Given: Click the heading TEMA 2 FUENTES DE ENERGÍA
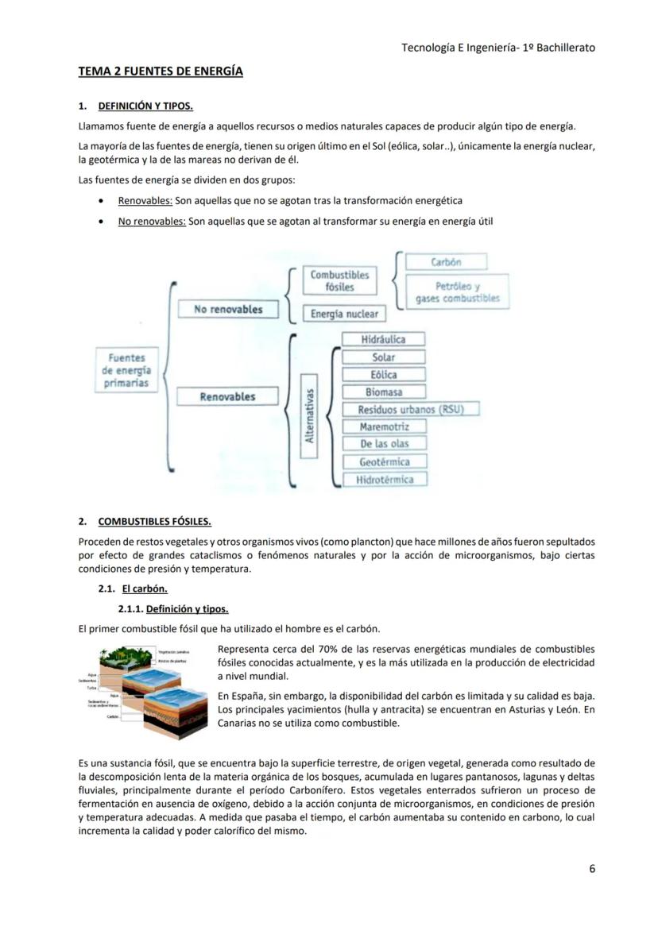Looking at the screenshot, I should coord(161,71).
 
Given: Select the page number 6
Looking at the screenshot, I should coord(592,868).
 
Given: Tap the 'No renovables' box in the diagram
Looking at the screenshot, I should coord(228,309).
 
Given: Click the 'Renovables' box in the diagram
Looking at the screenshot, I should coord(227,396).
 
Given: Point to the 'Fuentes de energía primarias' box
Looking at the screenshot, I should coord(126,371).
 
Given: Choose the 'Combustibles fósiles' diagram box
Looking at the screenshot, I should coord(339,280).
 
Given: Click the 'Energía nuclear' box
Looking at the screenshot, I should coord(344,314).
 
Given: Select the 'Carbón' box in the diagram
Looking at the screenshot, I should coord(446,261).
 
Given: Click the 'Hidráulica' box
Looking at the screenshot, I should coord(383,339).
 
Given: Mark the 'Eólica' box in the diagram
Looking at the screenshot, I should coord(383,374).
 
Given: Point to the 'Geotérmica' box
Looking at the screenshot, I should coord(384,461).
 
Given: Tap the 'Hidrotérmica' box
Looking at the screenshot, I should coord(385,479).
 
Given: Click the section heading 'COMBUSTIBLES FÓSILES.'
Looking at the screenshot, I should coord(154,522).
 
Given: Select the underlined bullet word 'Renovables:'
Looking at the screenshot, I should coord(145,201).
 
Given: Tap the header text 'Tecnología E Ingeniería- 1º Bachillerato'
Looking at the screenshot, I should coord(497,48).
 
